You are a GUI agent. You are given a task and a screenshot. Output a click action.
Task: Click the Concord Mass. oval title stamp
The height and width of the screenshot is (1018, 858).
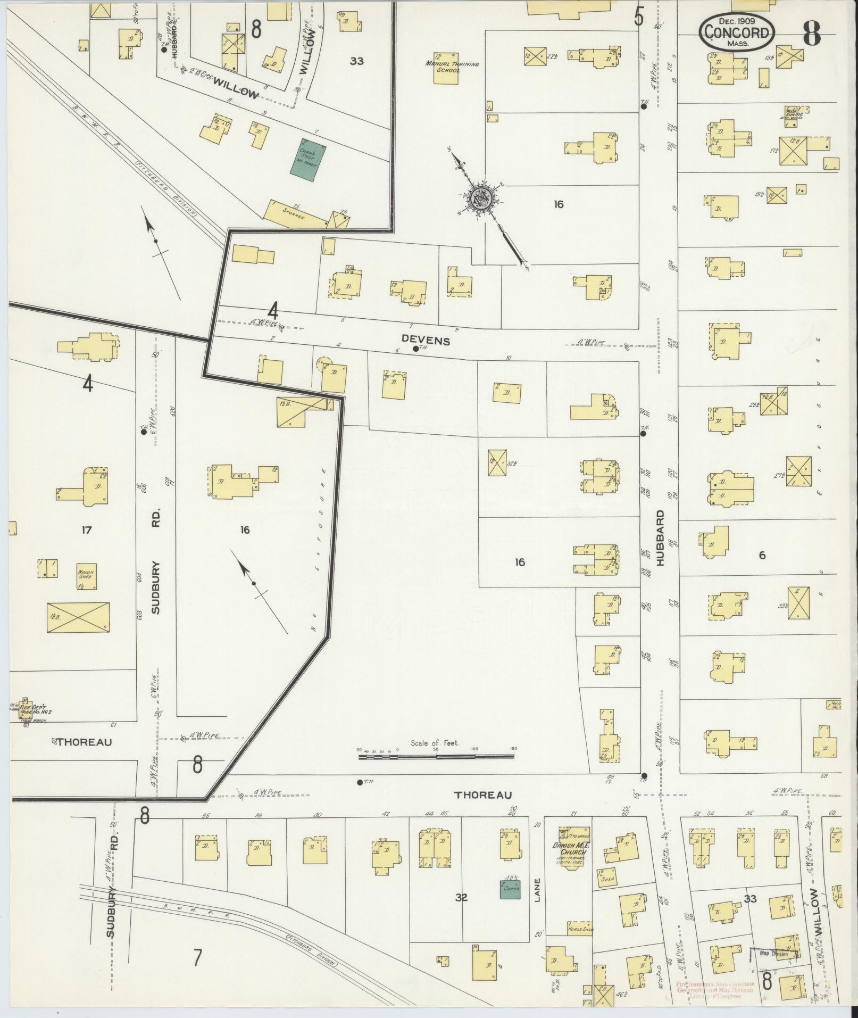737,32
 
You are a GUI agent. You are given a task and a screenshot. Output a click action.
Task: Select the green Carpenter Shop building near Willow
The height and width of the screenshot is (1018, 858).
307,160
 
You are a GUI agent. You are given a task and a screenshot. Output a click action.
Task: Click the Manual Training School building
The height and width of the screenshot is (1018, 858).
446,68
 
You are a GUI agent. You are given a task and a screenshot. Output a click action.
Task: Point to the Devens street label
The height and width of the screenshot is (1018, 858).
426,341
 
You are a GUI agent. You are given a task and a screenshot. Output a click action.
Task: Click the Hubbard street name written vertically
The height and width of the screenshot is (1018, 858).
661,538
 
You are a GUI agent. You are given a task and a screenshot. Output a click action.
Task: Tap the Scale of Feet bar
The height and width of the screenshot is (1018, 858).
436,756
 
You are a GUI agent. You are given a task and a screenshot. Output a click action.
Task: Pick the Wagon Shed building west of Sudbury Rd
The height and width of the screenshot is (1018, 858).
87,576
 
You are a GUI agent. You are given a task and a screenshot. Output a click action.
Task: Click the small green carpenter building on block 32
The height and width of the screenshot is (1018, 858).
510,889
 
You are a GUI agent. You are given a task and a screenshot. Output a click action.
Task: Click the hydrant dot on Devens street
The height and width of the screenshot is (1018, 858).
415,349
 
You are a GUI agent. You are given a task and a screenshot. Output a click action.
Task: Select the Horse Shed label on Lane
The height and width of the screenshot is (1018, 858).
580,929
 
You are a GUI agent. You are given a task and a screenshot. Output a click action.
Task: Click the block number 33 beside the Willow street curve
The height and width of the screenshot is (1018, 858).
356,61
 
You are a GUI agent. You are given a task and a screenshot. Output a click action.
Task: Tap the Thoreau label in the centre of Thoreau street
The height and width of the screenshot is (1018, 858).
482,810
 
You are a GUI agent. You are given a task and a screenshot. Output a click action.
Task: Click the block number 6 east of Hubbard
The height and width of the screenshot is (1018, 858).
762,555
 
